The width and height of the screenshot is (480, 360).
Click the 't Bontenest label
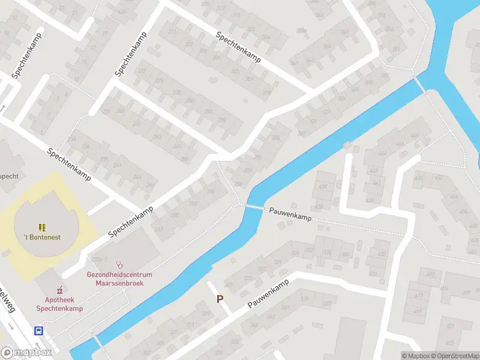[x=42, y=237]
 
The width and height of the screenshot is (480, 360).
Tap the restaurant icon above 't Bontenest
[x=42, y=227]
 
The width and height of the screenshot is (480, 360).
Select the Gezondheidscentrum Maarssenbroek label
[x=119, y=278]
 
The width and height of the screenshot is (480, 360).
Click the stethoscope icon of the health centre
[x=119, y=264]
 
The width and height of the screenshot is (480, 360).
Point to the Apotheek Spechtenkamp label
[x=59, y=304]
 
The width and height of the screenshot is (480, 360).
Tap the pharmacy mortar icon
[x=59, y=290]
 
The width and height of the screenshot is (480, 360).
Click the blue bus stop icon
[x=39, y=331]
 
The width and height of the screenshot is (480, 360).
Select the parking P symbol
[x=220, y=299]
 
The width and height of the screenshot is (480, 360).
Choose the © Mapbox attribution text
[x=415, y=356]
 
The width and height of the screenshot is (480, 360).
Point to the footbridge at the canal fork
[x=420, y=84]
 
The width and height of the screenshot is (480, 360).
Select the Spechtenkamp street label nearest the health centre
[x=131, y=221]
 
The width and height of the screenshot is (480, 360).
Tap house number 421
[x=450, y=327]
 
